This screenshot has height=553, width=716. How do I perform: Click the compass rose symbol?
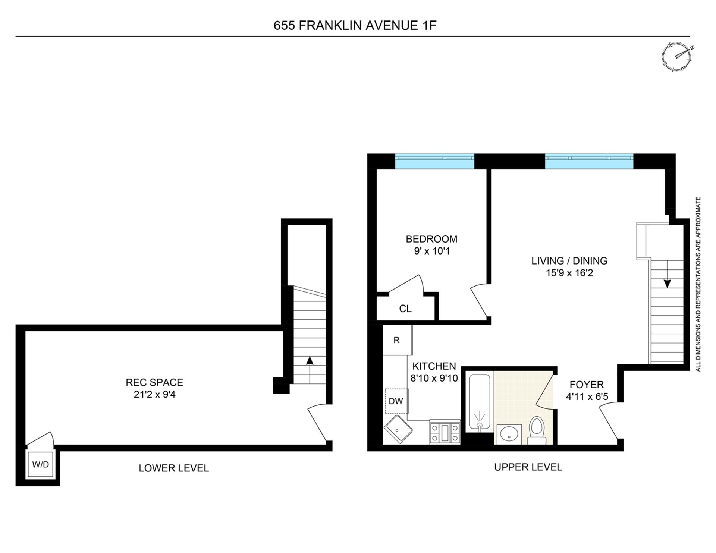(676, 56)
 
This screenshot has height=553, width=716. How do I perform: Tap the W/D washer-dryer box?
(40, 464)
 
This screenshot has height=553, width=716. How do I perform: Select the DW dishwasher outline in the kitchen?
(396, 401)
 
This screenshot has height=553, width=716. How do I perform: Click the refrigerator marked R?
(397, 340)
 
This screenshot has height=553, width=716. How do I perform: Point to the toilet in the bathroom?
(537, 431)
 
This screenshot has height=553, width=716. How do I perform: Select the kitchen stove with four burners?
(445, 432)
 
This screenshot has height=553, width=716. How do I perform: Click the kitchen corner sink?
(398, 430)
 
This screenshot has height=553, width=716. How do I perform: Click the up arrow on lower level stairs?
(309, 361)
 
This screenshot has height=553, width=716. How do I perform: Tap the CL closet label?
(405, 309)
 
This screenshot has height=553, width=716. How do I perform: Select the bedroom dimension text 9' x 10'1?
(432, 251)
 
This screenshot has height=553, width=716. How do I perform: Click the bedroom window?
(434, 161)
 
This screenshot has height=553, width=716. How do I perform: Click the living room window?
(589, 161)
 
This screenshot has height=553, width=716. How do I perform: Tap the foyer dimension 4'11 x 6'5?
(587, 397)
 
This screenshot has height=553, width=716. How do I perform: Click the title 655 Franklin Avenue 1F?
(355, 25)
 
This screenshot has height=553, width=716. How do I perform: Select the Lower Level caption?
(174, 468)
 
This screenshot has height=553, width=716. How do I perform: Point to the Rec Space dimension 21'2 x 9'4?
(154, 394)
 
